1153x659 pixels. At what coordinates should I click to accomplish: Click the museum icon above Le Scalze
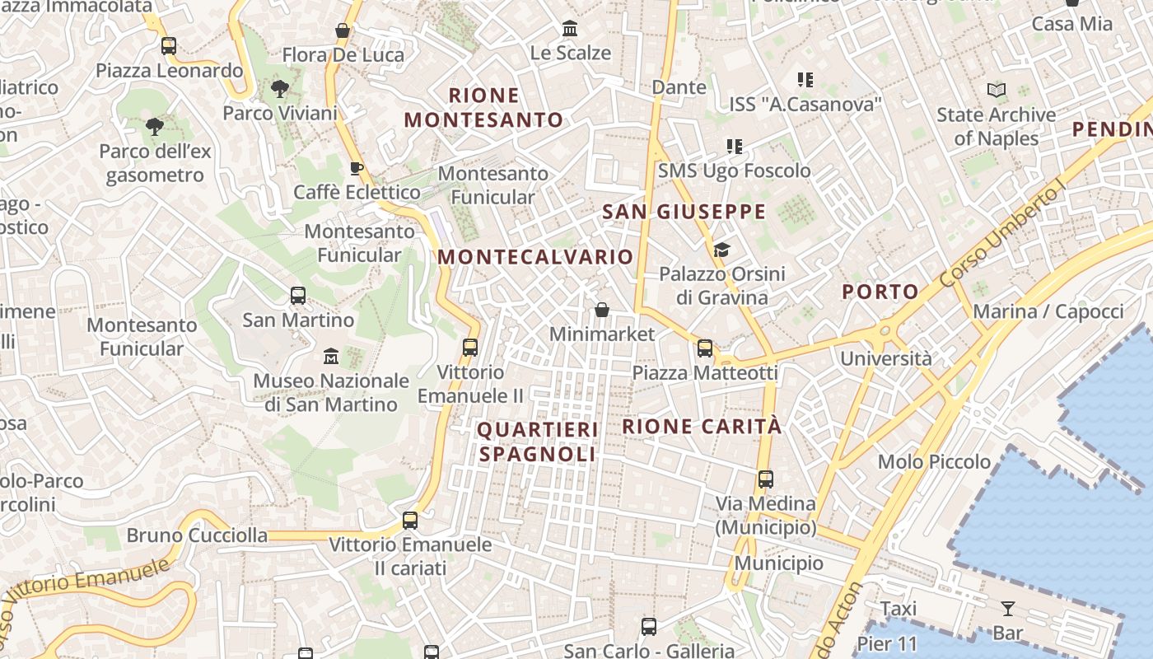click(569, 29)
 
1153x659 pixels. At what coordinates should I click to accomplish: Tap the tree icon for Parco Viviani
click(280, 89)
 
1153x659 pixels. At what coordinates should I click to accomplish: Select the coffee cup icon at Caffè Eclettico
click(356, 169)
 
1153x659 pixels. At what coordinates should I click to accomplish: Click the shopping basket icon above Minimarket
click(602, 311)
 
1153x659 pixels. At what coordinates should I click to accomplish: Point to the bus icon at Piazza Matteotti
click(705, 348)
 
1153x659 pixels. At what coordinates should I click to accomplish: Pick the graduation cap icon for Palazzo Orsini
click(721, 250)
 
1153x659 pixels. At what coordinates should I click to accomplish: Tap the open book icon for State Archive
click(997, 91)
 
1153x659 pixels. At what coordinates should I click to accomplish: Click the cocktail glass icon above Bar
click(1007, 610)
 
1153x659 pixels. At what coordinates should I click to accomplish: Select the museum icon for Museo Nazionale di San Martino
click(331, 357)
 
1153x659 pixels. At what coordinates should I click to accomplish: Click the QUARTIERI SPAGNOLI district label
click(537, 442)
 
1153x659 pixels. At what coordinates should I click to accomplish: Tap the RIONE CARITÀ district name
click(701, 426)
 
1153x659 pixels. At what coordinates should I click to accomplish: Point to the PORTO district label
click(880, 291)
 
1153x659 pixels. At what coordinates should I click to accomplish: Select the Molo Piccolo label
click(934, 461)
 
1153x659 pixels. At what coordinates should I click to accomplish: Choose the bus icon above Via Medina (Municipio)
click(766, 479)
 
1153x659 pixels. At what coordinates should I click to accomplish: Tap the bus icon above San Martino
click(298, 296)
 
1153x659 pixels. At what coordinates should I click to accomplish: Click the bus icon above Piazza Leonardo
click(169, 46)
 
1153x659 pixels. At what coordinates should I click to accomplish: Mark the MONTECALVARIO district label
click(535, 256)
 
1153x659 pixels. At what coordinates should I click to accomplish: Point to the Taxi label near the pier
click(898, 609)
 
